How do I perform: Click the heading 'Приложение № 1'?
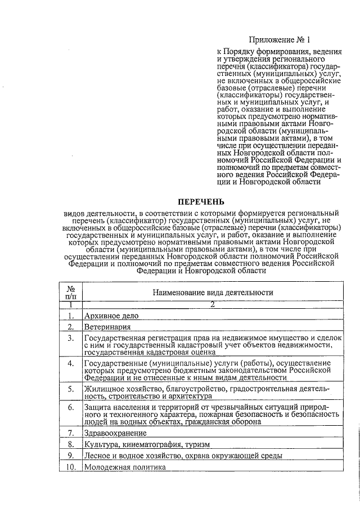point(280,40)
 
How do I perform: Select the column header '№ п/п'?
point(71,292)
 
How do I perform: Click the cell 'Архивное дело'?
point(111,316)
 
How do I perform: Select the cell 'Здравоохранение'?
point(115,433)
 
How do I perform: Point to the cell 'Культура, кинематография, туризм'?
point(146,444)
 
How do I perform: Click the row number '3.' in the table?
point(71,338)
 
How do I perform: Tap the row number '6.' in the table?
point(71,407)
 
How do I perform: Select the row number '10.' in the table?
point(70,467)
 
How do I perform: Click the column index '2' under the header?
point(213,304)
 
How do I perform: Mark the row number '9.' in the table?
point(71,456)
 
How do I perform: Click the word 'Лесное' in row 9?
point(97,456)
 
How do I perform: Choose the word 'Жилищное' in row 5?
point(102,389)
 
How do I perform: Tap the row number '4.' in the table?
point(71,363)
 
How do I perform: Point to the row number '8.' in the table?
point(71,444)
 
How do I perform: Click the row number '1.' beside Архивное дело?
point(71,316)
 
